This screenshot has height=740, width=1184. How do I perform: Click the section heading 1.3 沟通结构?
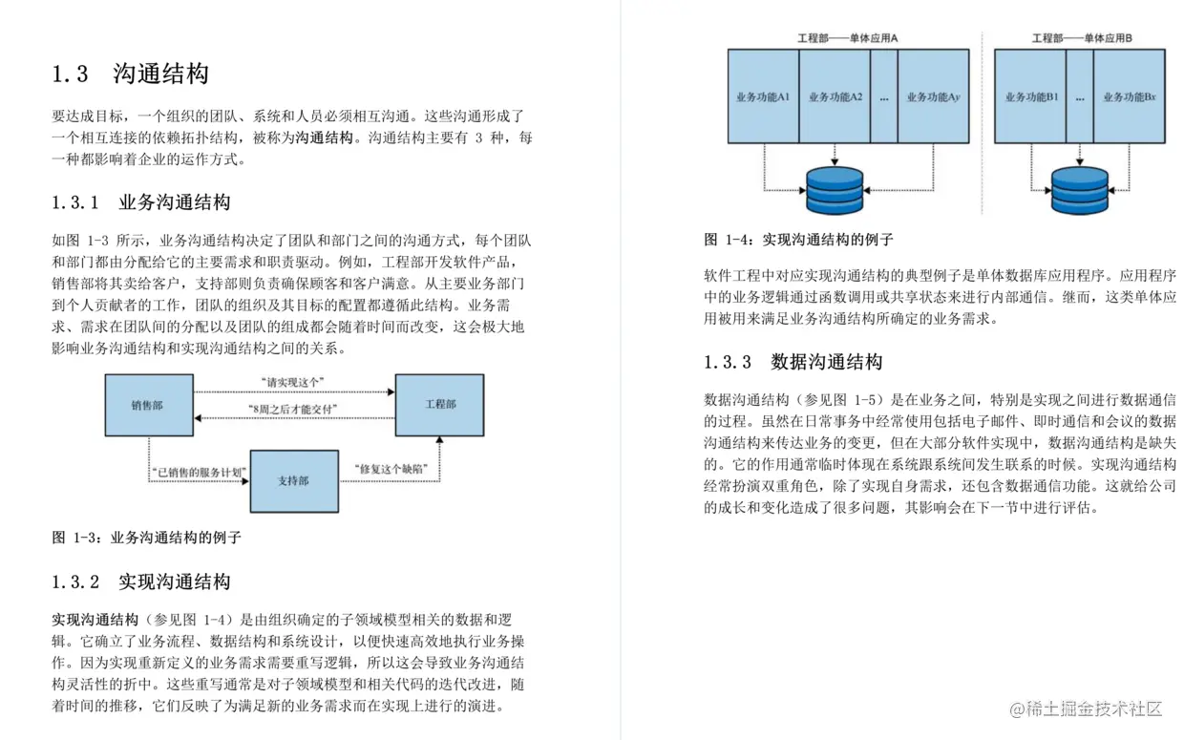pos(130,74)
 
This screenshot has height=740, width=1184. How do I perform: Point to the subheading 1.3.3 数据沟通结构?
pos(793,362)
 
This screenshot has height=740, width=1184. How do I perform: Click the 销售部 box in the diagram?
pos(147,405)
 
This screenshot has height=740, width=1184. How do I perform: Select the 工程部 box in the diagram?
pos(439,405)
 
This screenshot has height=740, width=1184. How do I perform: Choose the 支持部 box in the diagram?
pos(293,481)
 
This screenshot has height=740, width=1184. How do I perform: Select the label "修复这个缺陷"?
pos(389,469)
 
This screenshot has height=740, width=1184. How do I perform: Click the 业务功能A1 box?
pos(763,96)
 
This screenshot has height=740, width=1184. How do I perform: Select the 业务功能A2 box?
pos(835,96)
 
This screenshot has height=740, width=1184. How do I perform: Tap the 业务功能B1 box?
pos(1030,96)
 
